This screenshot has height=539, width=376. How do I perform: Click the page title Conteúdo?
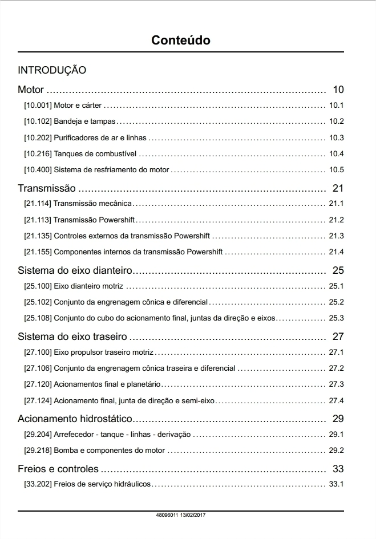pos(181,40)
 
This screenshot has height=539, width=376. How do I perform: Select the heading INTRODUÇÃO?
pos(52,71)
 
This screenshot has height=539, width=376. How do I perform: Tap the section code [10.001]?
pos(38,106)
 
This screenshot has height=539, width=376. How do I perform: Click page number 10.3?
pos(337,138)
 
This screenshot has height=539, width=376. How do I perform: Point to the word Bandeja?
pos(67,121)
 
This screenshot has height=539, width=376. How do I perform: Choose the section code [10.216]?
pos(38,154)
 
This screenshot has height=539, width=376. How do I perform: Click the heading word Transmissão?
pos(47,188)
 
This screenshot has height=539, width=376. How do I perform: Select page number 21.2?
pos(337,220)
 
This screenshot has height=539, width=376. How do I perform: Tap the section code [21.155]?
pos(38,252)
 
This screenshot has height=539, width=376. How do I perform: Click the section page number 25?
pos(338,270)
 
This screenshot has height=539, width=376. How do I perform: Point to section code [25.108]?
pos(38,318)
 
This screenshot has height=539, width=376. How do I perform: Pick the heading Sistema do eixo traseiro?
pos(72,337)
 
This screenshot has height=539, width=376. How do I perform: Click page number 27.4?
pos(337,400)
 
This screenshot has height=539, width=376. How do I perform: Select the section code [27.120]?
pos(38,384)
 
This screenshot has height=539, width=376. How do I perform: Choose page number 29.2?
pos(337,451)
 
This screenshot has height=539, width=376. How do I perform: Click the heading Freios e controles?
pos(58,469)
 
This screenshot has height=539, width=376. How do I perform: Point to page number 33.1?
pos(337,485)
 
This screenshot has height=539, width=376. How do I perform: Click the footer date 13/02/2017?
pos(193,515)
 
